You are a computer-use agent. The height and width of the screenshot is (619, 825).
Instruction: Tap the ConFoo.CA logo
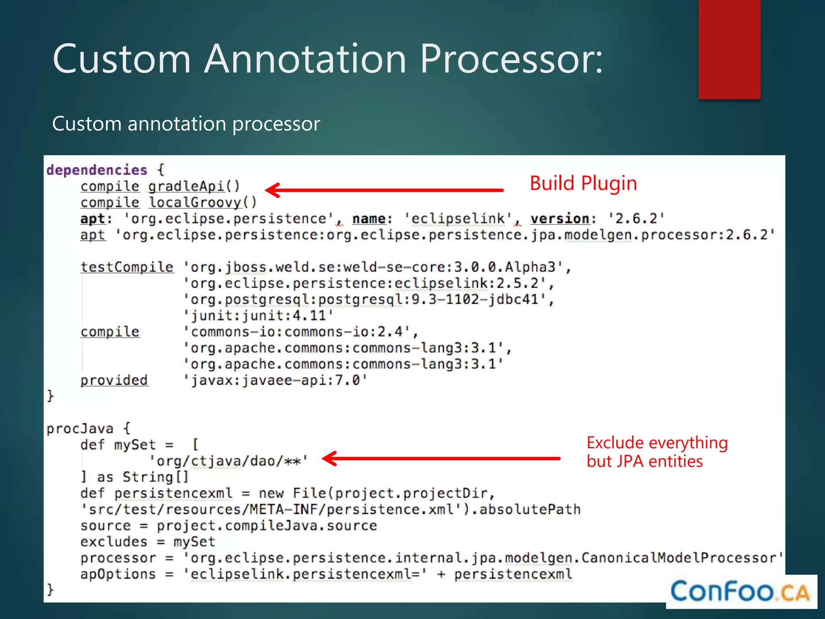(x=740, y=592)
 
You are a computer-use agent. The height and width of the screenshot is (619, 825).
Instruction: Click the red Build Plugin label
(x=583, y=183)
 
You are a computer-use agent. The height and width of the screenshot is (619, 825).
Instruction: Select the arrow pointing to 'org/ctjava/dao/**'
(x=441, y=458)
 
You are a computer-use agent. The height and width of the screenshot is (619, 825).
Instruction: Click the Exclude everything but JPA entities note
(x=657, y=452)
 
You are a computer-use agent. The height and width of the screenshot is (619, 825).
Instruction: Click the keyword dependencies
(x=97, y=170)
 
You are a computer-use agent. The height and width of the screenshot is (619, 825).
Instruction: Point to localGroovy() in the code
(x=203, y=202)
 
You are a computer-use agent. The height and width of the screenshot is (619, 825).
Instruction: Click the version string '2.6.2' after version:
(x=636, y=218)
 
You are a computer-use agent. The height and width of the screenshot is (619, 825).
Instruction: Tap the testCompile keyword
(x=127, y=267)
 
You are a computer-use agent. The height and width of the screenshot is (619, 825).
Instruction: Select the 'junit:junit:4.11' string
(x=258, y=316)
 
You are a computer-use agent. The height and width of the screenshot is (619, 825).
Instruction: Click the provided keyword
(x=114, y=380)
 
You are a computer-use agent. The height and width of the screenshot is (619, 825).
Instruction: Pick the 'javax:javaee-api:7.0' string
(x=275, y=380)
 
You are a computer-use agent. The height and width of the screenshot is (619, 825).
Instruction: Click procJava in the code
(x=80, y=428)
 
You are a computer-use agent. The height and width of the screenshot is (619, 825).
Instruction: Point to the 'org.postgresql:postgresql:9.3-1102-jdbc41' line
(x=368, y=299)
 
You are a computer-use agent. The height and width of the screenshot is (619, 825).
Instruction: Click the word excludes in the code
(x=114, y=542)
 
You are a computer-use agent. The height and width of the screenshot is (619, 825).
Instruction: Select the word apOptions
(x=118, y=574)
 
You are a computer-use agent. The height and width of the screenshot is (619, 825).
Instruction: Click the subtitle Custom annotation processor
(x=186, y=123)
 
